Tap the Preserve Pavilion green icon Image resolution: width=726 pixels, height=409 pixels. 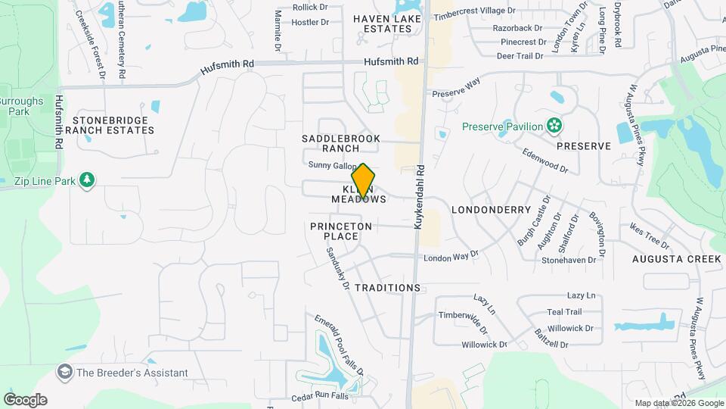(x=555, y=125)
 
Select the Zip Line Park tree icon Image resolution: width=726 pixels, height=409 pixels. (x=88, y=180)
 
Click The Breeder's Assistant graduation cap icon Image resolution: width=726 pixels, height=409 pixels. (x=65, y=373)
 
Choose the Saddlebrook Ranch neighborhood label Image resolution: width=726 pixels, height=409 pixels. (x=340, y=143)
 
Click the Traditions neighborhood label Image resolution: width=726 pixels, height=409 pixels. (x=387, y=288)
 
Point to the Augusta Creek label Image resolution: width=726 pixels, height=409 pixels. (x=677, y=259)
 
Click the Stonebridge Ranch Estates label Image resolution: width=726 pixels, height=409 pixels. (x=113, y=125)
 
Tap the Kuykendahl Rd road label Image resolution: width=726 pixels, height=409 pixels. (x=418, y=198)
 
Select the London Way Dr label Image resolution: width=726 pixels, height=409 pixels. (x=451, y=258)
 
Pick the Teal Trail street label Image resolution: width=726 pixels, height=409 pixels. (x=564, y=311)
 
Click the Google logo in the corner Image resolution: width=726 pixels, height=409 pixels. (x=25, y=399)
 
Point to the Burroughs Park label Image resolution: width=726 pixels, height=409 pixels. (x=17, y=105)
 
